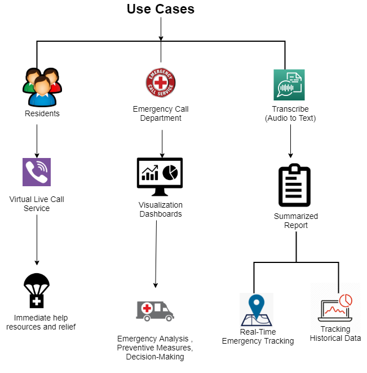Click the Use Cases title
[x=161, y=9]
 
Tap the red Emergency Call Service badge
[x=161, y=82]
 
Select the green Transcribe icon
[x=289, y=85]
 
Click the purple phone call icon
[x=37, y=172]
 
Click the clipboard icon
[x=295, y=186]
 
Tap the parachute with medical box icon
[x=37, y=291]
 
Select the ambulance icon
[x=155, y=310]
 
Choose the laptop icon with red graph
[x=335, y=308]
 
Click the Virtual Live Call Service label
[x=37, y=204]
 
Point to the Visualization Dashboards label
[x=161, y=209]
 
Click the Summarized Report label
[x=296, y=221]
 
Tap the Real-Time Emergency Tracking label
[x=258, y=336]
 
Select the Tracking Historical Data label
[x=335, y=333]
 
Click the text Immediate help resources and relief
[x=41, y=322]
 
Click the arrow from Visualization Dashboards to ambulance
[x=156, y=254]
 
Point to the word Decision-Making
[x=155, y=357]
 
